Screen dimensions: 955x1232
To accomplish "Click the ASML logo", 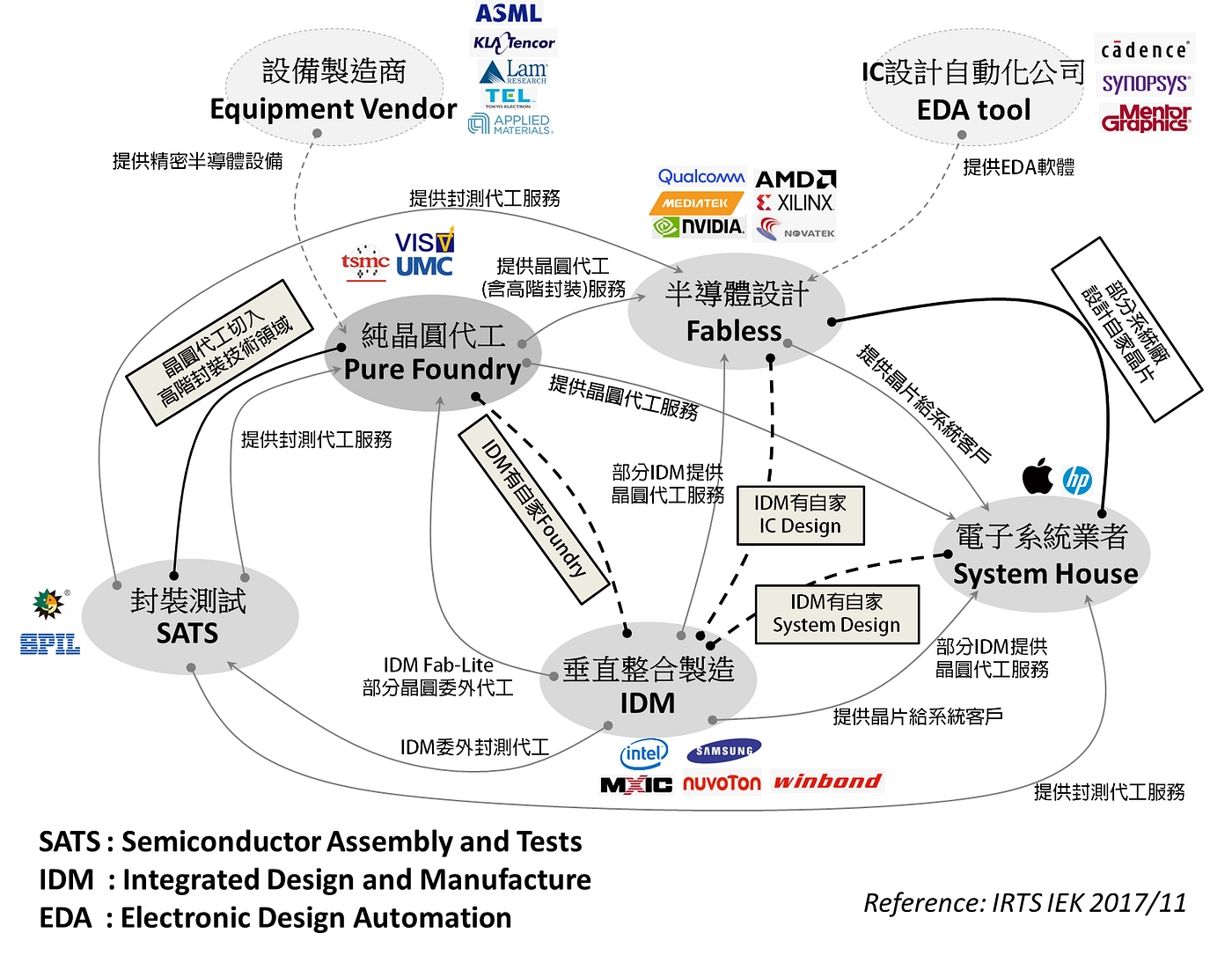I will click(509, 13).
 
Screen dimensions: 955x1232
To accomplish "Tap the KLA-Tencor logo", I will click(514, 42).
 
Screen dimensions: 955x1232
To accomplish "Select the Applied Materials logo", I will click(510, 124).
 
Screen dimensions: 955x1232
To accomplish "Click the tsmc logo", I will click(365, 263).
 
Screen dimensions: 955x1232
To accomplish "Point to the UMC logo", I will click(424, 266).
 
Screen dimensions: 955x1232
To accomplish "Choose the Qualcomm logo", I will click(700, 177).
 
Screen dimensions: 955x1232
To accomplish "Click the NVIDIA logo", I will click(699, 227).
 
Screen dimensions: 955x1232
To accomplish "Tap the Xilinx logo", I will click(795, 203).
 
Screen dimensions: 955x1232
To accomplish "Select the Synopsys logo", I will click(1146, 84).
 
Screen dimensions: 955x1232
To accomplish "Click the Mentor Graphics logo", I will click(1146, 118).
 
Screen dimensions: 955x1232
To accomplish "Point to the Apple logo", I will click(1038, 477).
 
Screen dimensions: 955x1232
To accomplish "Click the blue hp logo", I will click(1077, 480).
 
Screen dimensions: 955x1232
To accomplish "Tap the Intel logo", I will click(643, 753).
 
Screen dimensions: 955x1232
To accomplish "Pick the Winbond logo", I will click(826, 781).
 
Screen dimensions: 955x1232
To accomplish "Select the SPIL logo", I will click(50, 644).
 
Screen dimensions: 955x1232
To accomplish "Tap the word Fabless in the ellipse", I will click(734, 331).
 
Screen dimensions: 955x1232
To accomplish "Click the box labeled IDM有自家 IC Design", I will click(800, 515).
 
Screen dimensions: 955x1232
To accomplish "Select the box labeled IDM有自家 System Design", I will click(836, 613).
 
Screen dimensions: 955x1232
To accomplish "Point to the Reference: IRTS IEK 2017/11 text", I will click(1024, 903).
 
